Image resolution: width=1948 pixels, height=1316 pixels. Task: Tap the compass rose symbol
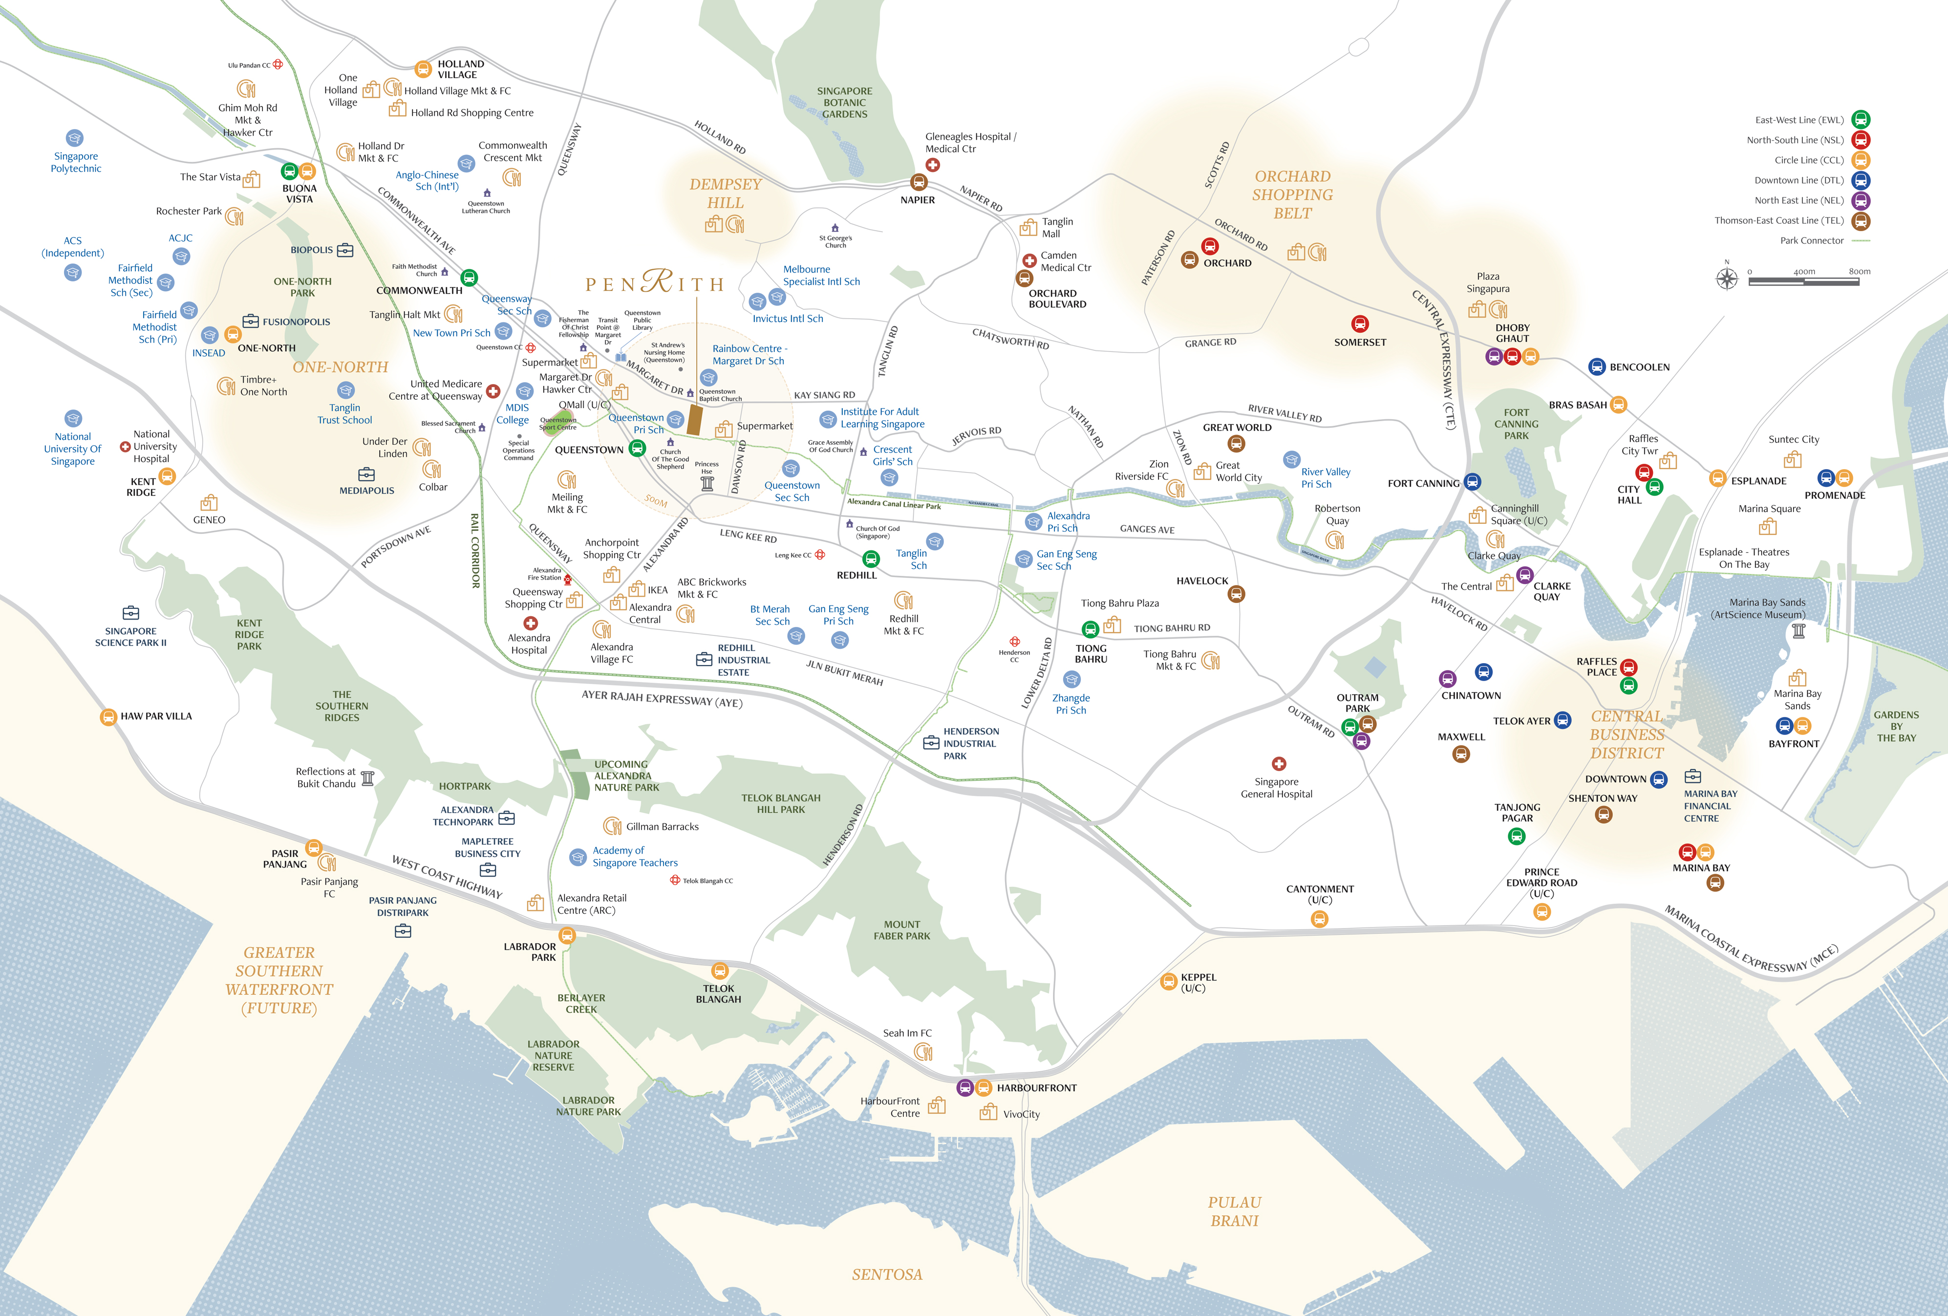point(1727,278)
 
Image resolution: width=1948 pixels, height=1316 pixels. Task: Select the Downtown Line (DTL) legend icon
point(1860,180)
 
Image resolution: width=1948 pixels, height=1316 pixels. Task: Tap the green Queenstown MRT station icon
point(637,449)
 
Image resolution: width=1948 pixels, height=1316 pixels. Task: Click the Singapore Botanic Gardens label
point(844,102)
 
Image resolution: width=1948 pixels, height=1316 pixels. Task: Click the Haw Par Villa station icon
point(108,717)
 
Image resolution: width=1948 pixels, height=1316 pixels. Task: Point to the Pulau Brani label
point(1234,1211)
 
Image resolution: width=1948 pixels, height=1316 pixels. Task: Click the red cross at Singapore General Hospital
point(1278,764)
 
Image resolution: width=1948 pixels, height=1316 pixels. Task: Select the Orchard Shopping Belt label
point(1292,194)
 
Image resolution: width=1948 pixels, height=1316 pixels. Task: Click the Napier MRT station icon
point(919,182)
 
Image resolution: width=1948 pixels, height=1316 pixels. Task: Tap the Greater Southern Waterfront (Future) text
point(279,980)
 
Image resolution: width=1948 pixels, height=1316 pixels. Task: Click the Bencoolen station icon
point(1597,367)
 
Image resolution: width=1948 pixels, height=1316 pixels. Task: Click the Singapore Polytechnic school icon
point(75,138)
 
